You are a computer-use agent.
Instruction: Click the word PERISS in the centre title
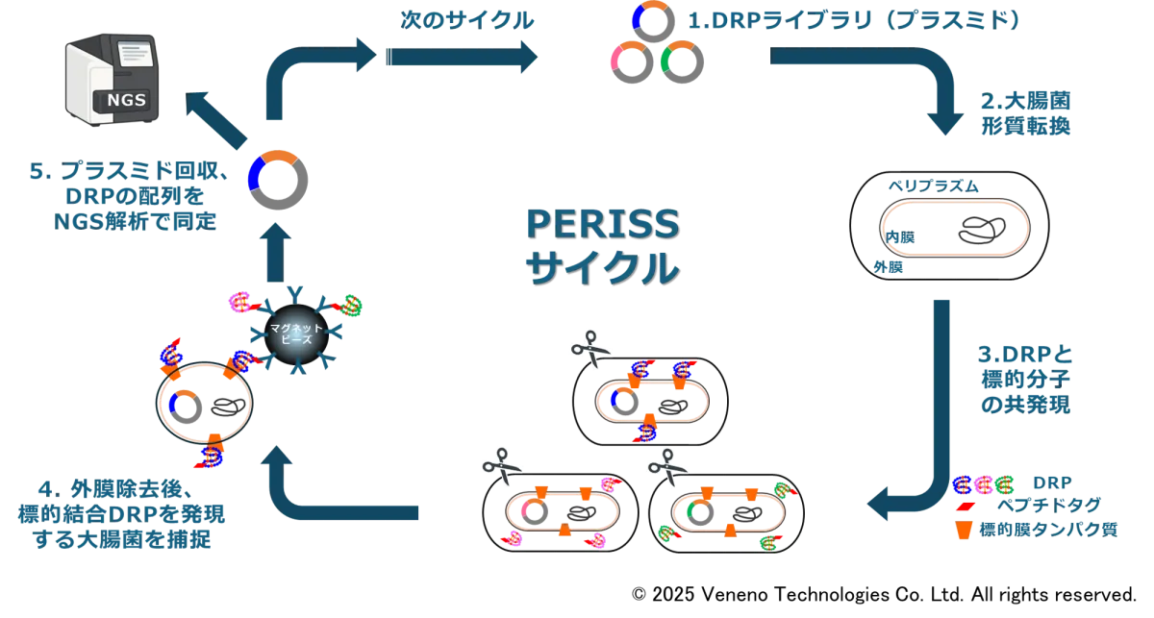tap(600, 224)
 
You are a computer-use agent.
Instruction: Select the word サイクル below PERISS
tap(600, 266)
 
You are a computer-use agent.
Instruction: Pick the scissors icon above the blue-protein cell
tap(588, 347)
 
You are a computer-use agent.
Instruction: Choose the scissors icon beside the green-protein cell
tap(668, 466)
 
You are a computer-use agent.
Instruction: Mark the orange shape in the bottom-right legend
tap(962, 530)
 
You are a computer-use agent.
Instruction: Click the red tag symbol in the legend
tap(962, 505)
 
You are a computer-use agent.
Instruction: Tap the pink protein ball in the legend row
tap(983, 483)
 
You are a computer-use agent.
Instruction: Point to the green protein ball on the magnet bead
tap(352, 306)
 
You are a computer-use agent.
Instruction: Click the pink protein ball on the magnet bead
tap(239, 303)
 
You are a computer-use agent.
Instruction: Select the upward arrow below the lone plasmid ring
tap(277, 250)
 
